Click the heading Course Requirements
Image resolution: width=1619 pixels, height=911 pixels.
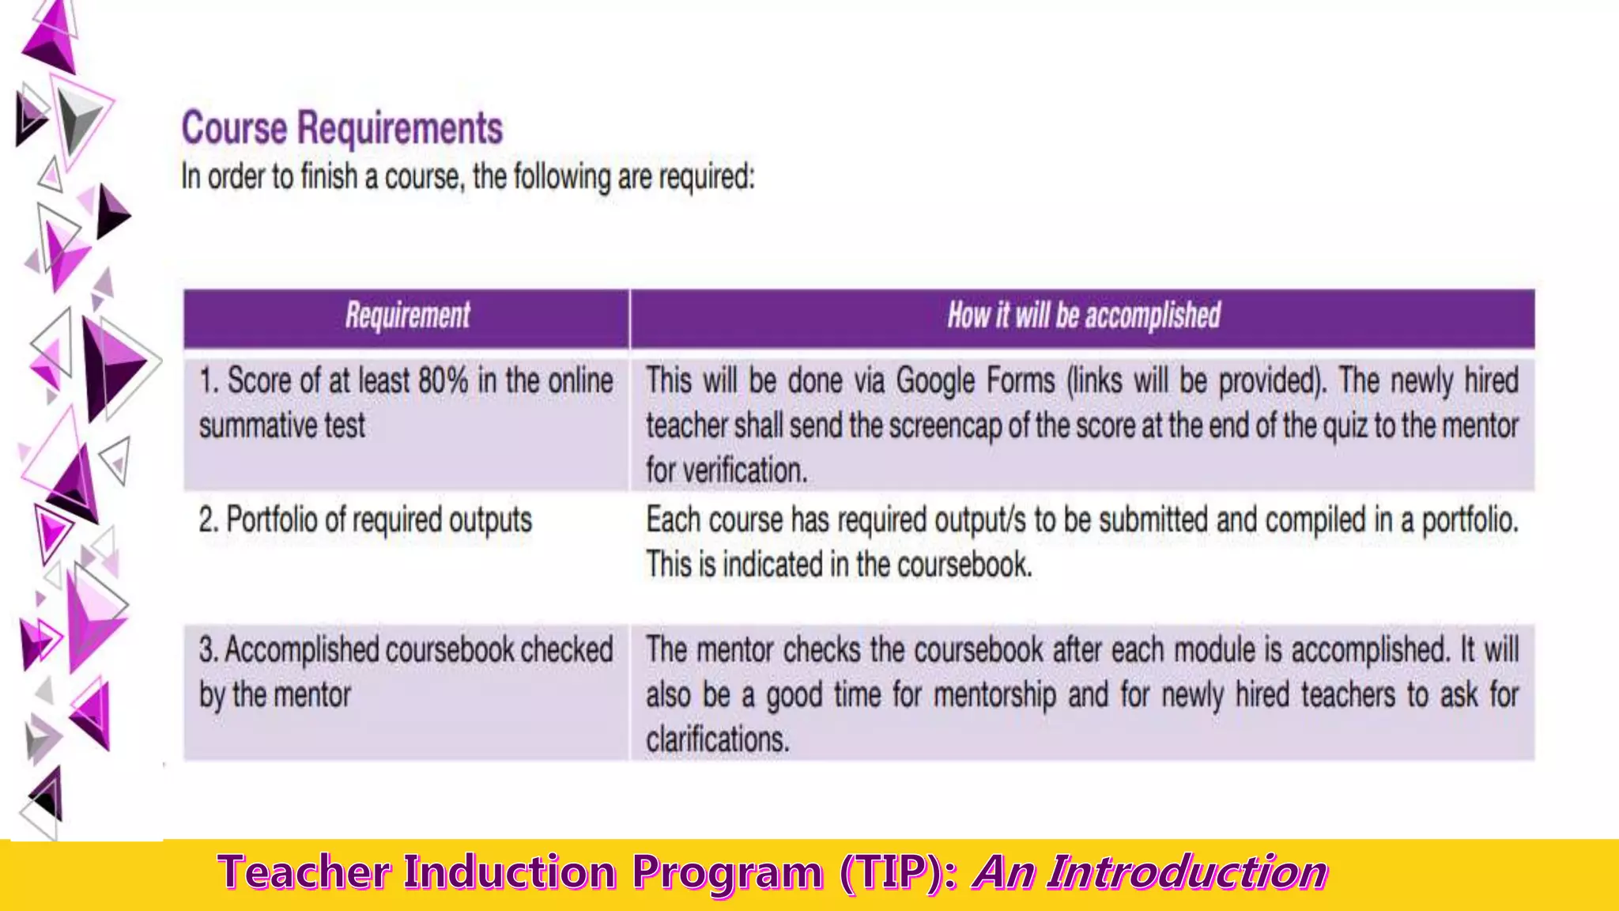[342, 129]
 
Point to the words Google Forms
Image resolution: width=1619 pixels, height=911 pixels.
[975, 382]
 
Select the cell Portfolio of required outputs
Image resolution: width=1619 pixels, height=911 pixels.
[365, 520]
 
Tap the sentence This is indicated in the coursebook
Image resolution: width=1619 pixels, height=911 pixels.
[839, 565]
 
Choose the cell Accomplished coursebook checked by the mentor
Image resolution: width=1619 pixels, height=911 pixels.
[406, 672]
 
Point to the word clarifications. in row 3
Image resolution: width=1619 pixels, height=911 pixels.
[717, 740]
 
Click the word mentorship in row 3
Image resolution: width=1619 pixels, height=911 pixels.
[994, 696]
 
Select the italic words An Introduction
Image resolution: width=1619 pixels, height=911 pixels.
[1150, 873]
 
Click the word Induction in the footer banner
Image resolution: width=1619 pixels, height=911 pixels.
[510, 873]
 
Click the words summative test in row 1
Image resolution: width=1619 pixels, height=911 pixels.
[282, 426]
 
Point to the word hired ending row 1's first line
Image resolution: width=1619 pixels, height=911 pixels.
[1491, 382]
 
